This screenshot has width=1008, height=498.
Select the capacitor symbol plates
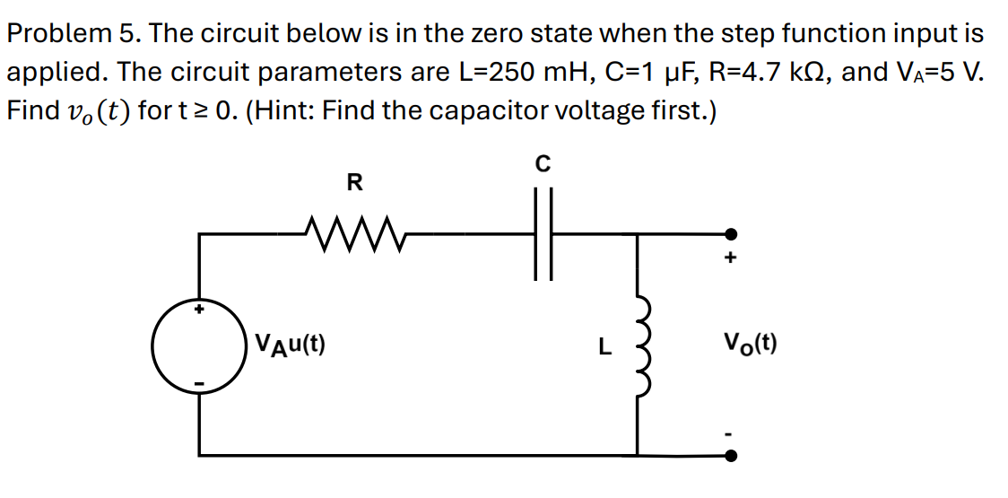coord(543,234)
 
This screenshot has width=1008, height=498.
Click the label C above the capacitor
coord(543,164)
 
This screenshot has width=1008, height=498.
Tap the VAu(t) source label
coord(290,343)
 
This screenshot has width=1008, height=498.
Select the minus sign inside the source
coord(200,385)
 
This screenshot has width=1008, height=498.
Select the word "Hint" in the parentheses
coord(282,111)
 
